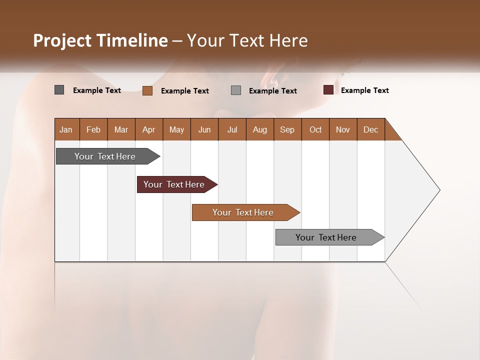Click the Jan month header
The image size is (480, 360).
(66, 129)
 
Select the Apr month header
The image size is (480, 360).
(148, 129)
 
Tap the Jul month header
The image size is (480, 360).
(232, 129)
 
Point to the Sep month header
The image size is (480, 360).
(287, 129)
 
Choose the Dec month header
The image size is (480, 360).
(370, 129)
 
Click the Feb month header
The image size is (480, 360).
(93, 129)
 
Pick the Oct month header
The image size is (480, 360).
(315, 129)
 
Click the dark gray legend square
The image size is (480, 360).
(59, 90)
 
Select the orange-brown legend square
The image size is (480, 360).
(147, 90)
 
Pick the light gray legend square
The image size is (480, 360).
(236, 90)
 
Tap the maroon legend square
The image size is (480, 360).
(328, 90)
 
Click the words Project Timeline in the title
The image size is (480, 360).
(100, 40)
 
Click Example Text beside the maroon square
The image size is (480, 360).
(364, 90)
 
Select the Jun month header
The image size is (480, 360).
(204, 129)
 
